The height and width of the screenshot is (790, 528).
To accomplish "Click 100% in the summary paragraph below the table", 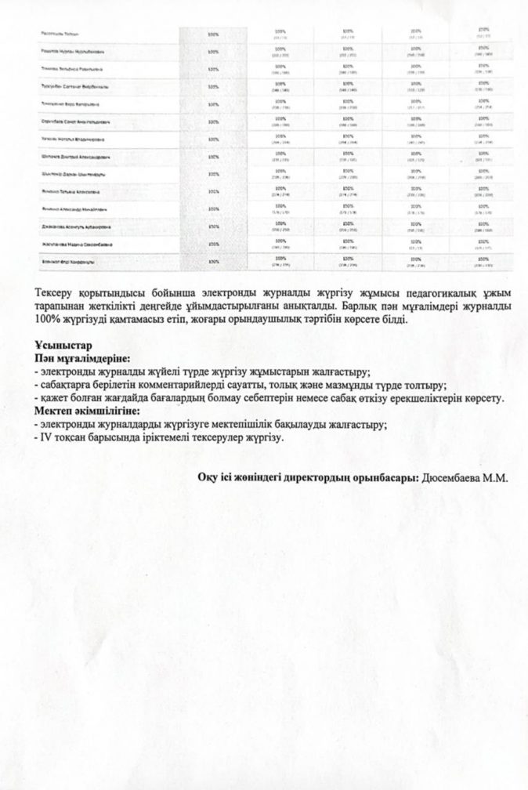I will click(x=49, y=321).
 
